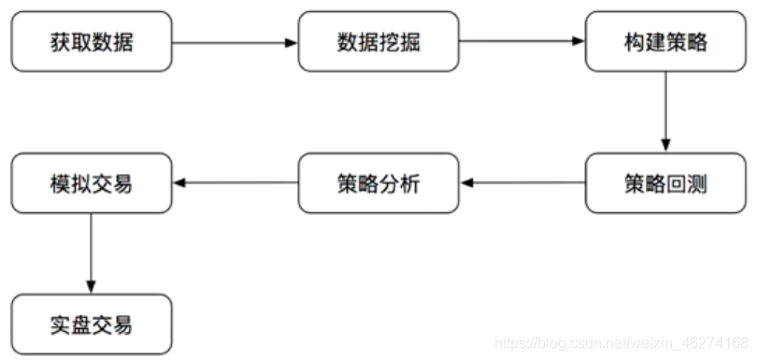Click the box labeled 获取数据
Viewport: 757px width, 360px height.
[x=92, y=42]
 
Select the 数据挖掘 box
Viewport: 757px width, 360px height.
[x=378, y=42]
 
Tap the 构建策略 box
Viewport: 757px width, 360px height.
[x=665, y=42]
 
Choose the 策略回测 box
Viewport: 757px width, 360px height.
[x=665, y=183]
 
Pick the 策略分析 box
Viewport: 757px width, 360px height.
[x=378, y=183]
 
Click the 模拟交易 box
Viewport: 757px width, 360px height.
[x=92, y=183]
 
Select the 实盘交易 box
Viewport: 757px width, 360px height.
[x=92, y=324]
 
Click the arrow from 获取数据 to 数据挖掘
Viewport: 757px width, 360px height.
[x=235, y=42]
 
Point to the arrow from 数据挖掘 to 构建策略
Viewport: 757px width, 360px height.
[x=521, y=42]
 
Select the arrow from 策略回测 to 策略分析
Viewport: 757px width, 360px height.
[x=521, y=183]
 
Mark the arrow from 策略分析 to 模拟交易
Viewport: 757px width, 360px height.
[x=235, y=183]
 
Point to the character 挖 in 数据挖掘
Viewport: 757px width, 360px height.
[x=390, y=43]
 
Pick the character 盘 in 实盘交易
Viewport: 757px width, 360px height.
[x=80, y=325]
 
